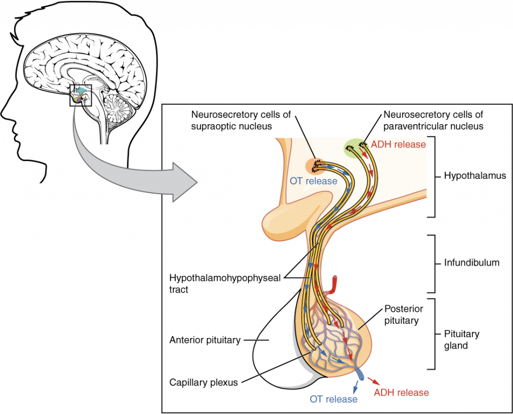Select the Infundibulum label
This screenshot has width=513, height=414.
(471, 262)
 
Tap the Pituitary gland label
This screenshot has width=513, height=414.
(462, 340)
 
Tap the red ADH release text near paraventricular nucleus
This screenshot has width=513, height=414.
(398, 145)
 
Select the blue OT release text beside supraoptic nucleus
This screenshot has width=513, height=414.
(314, 181)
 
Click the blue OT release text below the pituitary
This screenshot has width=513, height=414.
(334, 399)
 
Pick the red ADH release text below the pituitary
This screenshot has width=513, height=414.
(401, 392)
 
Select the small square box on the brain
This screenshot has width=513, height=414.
(81, 96)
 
